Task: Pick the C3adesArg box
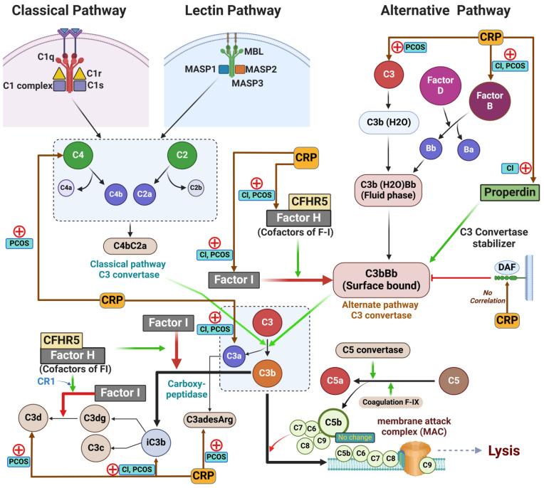coord(209,419)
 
